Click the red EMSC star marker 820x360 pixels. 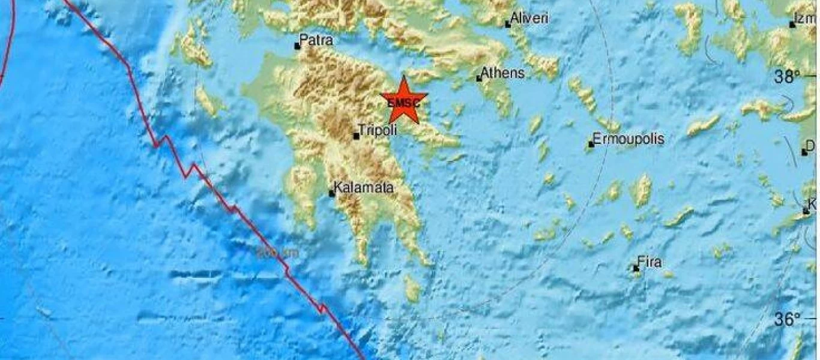[404, 100]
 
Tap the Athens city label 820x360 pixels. [504, 73]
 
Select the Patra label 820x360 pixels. [316, 40]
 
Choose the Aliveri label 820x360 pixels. [529, 19]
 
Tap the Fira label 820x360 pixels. [650, 262]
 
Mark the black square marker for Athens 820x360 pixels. [479, 78]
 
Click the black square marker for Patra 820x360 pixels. [297, 46]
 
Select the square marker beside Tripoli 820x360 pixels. [356, 136]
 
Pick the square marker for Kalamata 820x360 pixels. [331, 193]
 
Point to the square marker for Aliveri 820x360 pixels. [508, 25]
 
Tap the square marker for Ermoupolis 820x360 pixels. [591, 144]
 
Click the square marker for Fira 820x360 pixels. [636, 268]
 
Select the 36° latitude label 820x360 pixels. [787, 319]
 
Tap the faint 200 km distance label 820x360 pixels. [277, 253]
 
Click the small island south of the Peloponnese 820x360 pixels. [412, 289]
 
